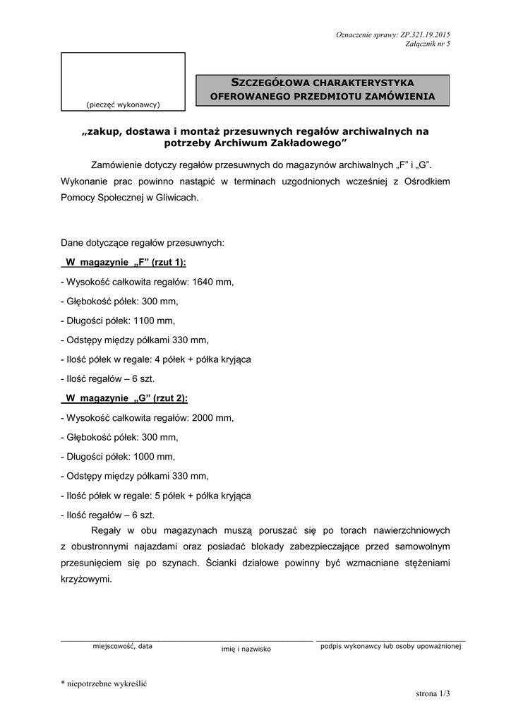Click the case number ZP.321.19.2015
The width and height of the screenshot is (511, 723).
425,35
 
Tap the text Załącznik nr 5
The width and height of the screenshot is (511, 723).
428,44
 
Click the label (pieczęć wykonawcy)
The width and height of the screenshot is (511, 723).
123,104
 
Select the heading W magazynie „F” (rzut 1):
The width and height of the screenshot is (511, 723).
126,262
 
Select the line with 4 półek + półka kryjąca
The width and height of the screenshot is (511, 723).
156,359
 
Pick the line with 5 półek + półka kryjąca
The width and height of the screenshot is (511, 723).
156,495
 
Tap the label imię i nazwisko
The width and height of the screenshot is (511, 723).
246,649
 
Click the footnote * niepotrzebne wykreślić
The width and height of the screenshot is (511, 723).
103,683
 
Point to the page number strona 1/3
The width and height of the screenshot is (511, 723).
433,695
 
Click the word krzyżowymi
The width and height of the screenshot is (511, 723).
86,578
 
